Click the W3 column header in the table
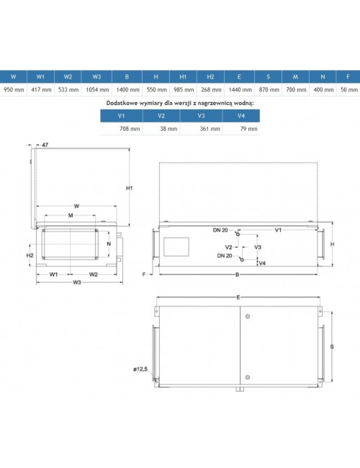pos(96,77)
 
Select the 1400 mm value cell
pos(127,89)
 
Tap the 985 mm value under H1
pos(184,89)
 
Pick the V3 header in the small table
pos(201,116)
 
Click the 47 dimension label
pos(45,145)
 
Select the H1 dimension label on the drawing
pos(129,188)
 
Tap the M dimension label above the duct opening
pos(71,215)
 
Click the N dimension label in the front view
pos(109,244)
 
